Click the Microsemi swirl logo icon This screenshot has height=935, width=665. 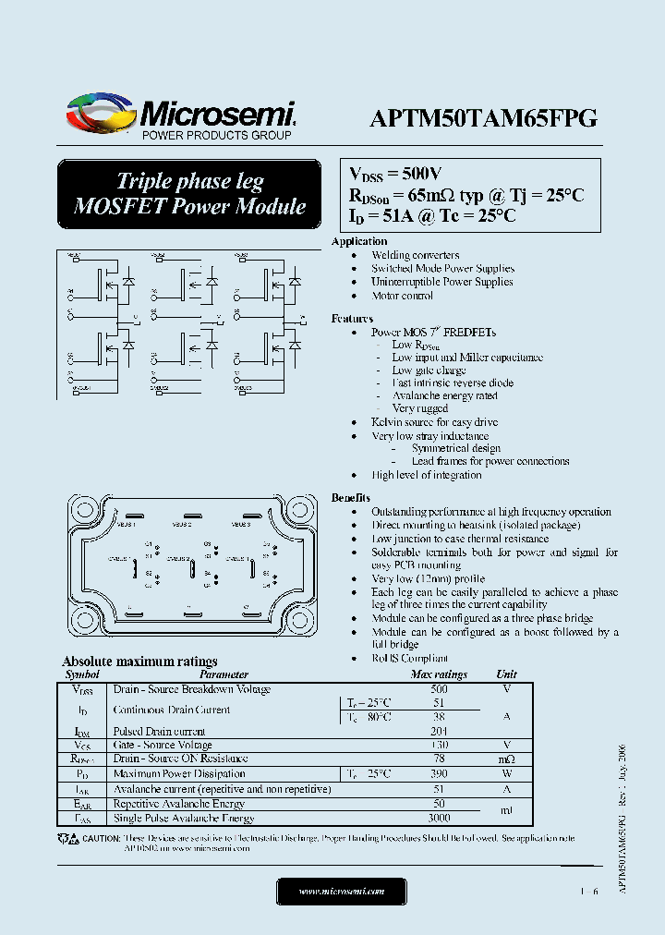point(100,115)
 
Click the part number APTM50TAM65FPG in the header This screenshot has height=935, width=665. point(483,117)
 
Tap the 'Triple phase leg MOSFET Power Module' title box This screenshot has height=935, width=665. point(189,194)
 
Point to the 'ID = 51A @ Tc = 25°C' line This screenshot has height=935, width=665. point(431,215)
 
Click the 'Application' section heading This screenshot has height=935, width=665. point(359,241)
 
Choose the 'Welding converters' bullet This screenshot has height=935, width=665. point(415,255)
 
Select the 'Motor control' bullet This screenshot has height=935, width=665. point(402,296)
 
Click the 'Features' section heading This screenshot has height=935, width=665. point(352,319)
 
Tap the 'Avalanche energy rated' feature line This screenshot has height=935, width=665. point(444,395)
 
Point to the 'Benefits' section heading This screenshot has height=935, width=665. point(351,497)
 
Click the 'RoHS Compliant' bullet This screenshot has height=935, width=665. point(409,658)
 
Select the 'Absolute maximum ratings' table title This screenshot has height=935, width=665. point(139,662)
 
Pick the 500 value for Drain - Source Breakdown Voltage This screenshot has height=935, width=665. point(439,689)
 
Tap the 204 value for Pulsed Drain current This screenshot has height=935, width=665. point(439,731)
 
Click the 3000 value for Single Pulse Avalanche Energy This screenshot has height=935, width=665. point(439,819)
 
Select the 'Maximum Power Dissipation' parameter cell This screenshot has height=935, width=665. point(178,773)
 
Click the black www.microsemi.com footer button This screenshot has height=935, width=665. point(342,892)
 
